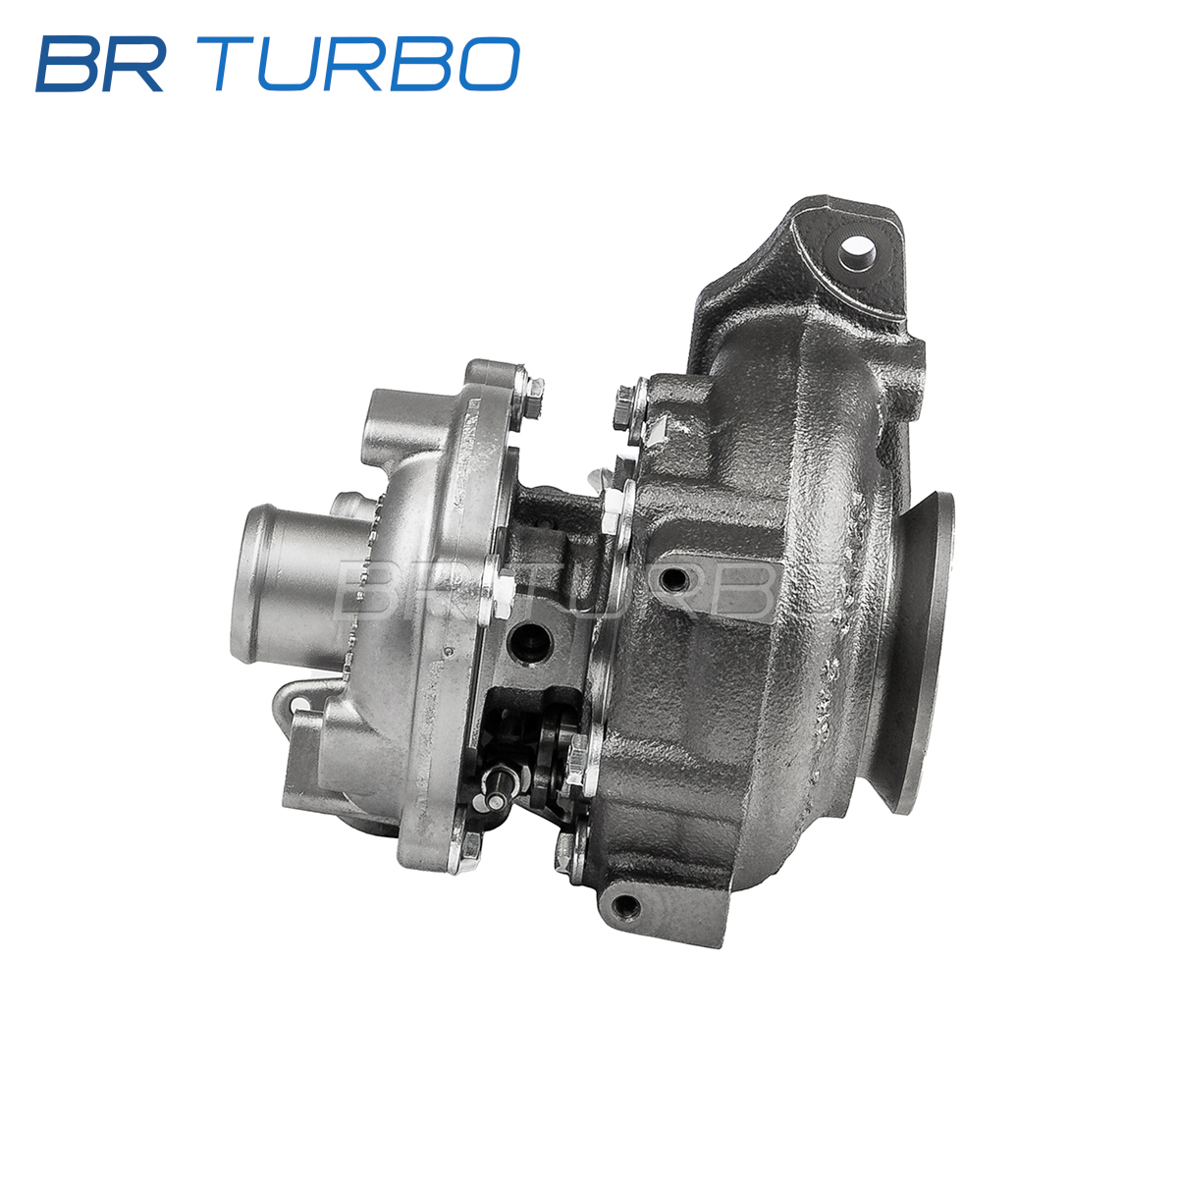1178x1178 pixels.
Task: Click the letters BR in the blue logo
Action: click(101, 64)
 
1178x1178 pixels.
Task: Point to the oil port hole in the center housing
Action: click(532, 642)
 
